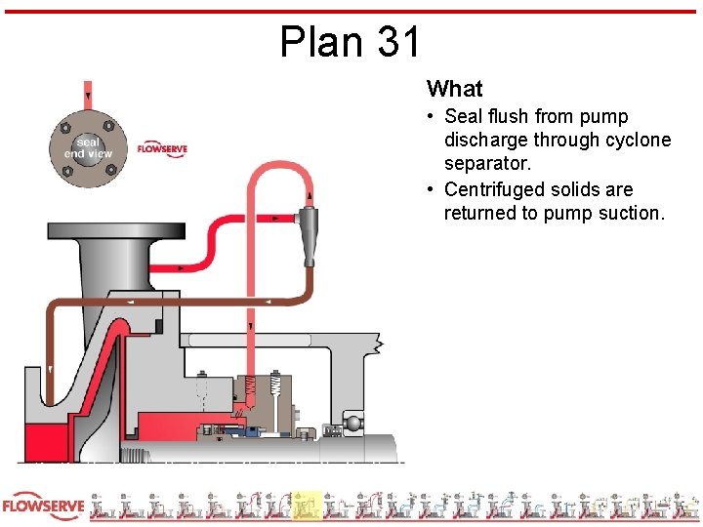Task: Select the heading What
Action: coord(454,89)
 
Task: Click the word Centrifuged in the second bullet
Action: coord(494,189)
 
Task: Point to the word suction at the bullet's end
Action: coord(629,213)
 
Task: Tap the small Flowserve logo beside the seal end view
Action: coord(162,149)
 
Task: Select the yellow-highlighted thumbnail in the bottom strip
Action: coord(307,506)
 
